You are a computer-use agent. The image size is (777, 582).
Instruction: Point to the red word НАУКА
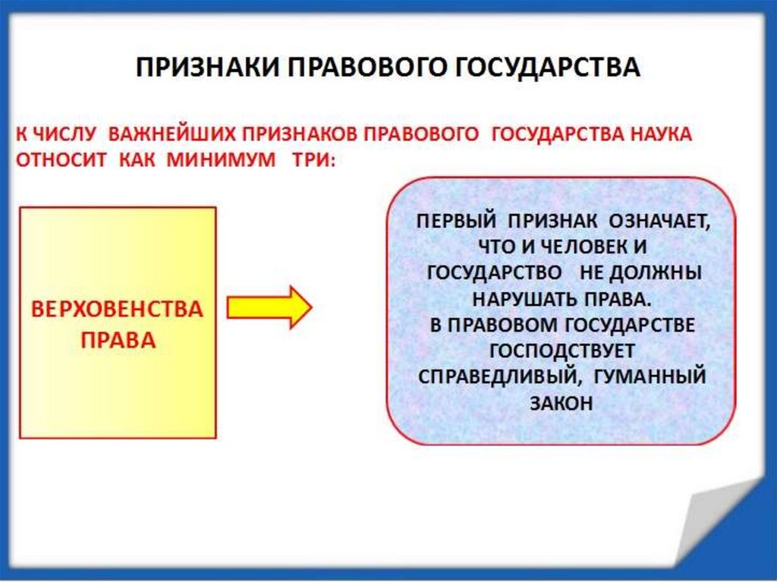[658, 134]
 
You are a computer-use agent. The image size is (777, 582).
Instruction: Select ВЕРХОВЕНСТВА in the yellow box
[117, 310]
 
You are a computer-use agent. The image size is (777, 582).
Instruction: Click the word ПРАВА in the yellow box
[118, 340]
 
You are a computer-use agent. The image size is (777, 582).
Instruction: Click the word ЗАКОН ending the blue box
[562, 403]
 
